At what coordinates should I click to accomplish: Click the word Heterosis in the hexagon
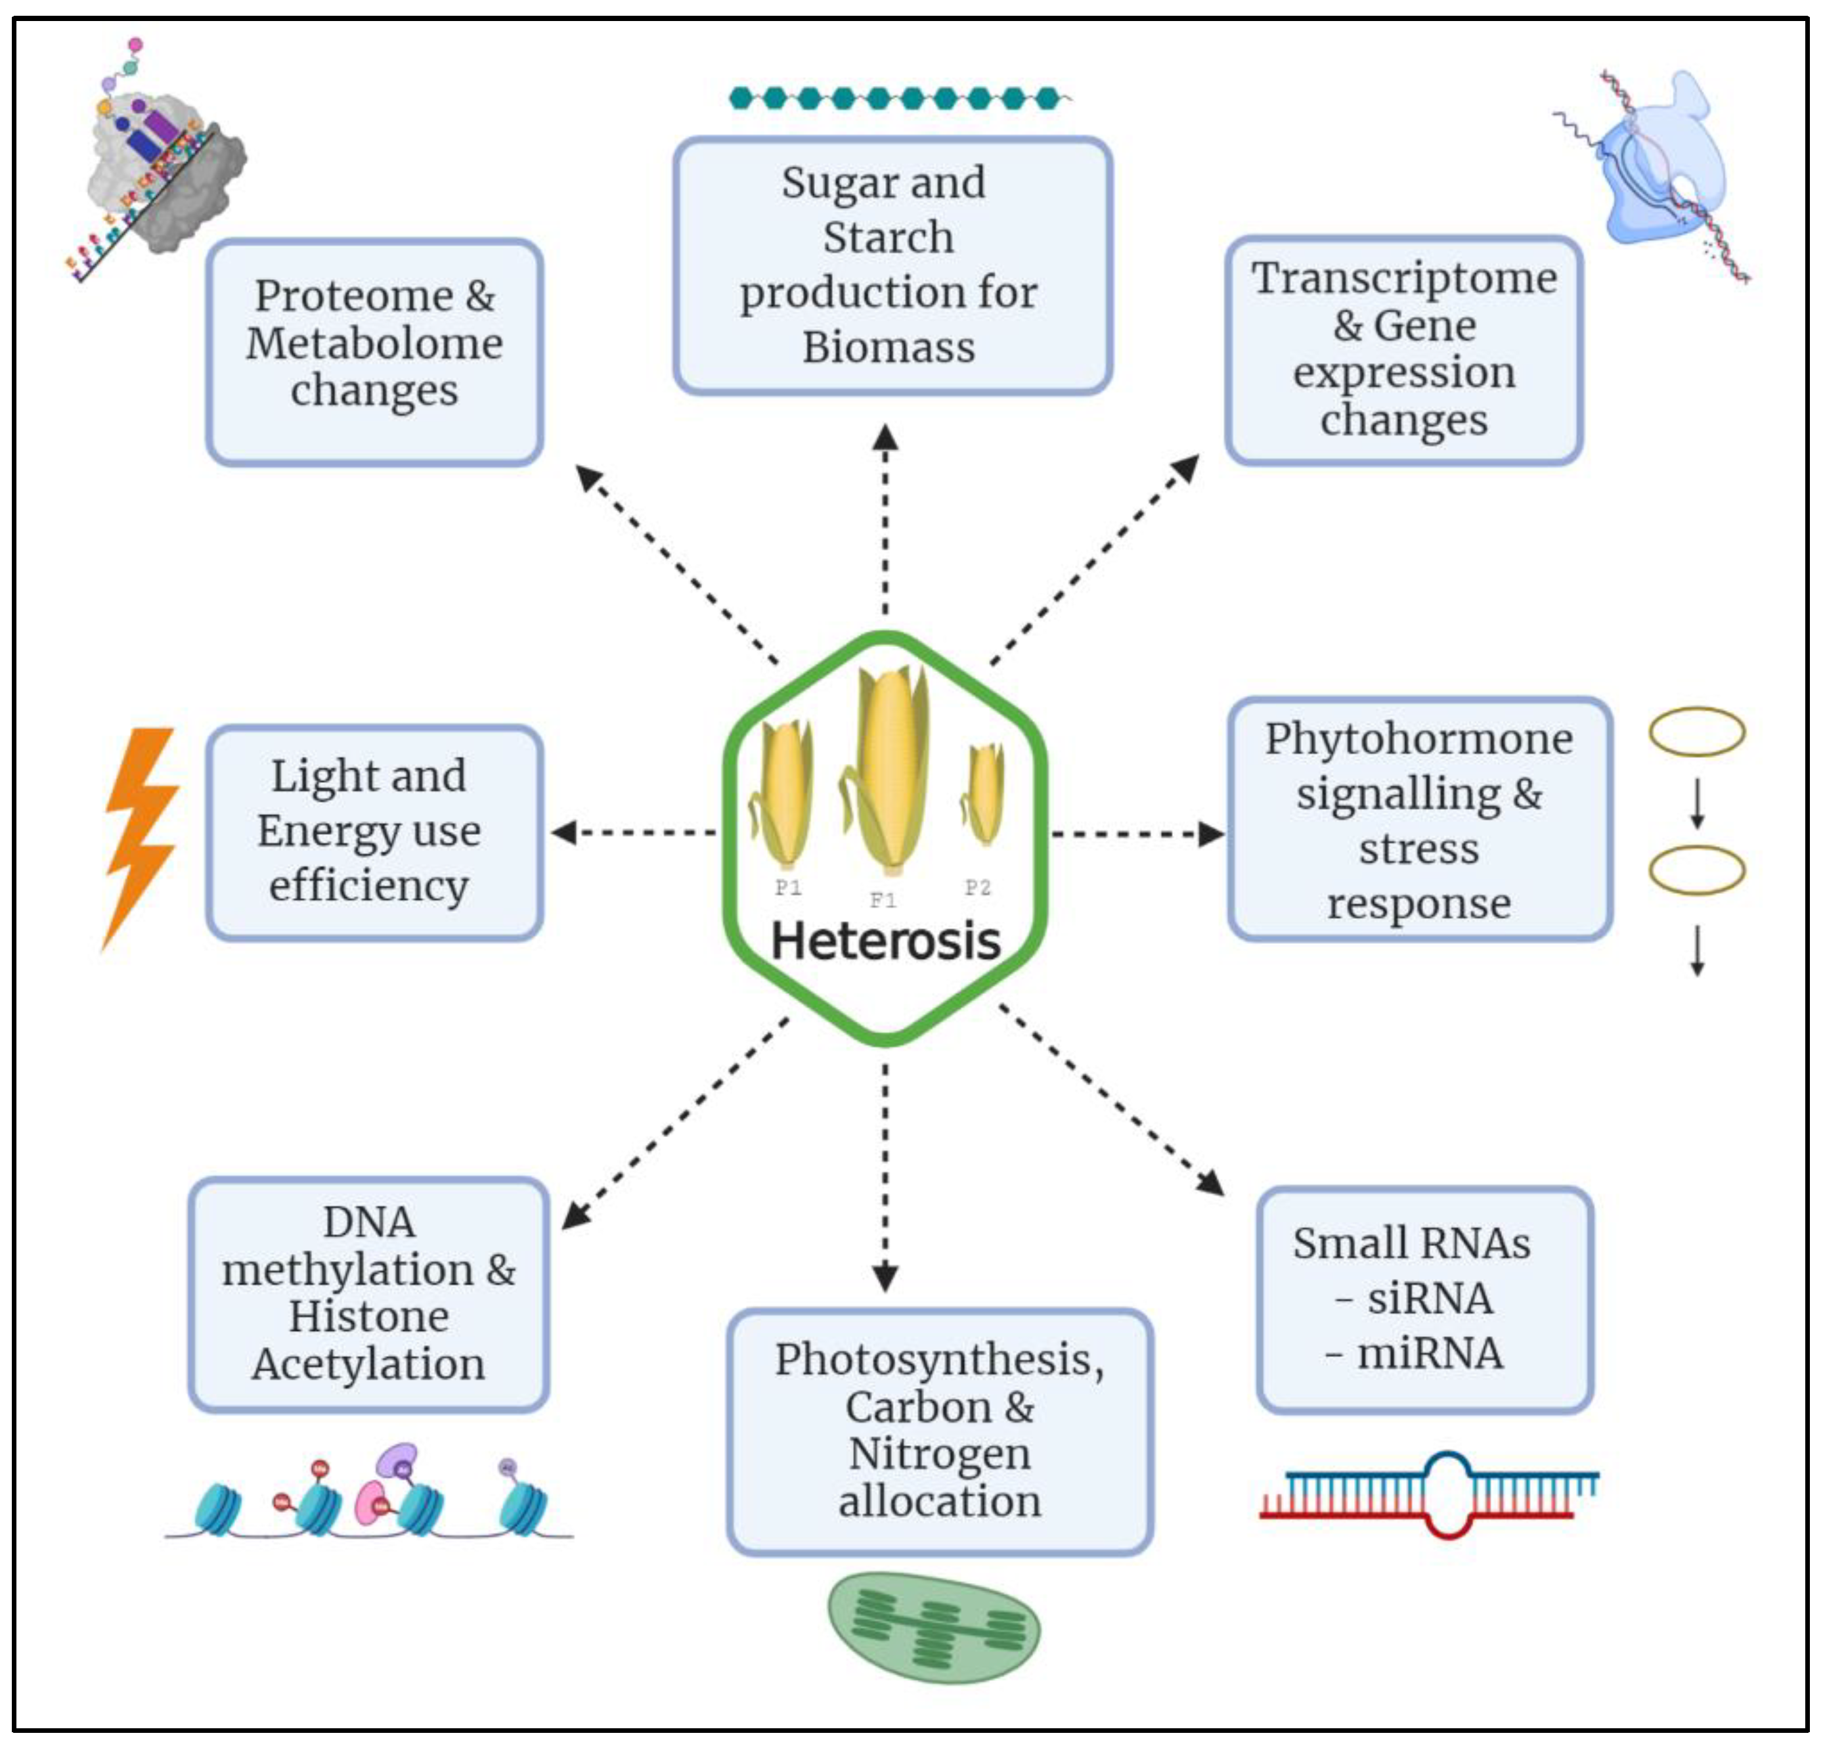(885, 941)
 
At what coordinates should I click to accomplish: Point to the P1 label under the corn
(788, 887)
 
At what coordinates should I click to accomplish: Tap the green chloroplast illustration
(933, 1628)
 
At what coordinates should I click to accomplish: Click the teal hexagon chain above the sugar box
(895, 98)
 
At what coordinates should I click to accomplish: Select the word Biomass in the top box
(889, 347)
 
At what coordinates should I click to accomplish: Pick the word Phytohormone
(1418, 740)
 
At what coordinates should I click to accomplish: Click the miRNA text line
(1415, 1353)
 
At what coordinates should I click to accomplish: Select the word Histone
(368, 1316)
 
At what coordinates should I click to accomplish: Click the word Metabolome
(374, 344)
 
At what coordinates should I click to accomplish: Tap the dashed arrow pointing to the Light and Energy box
(632, 832)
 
